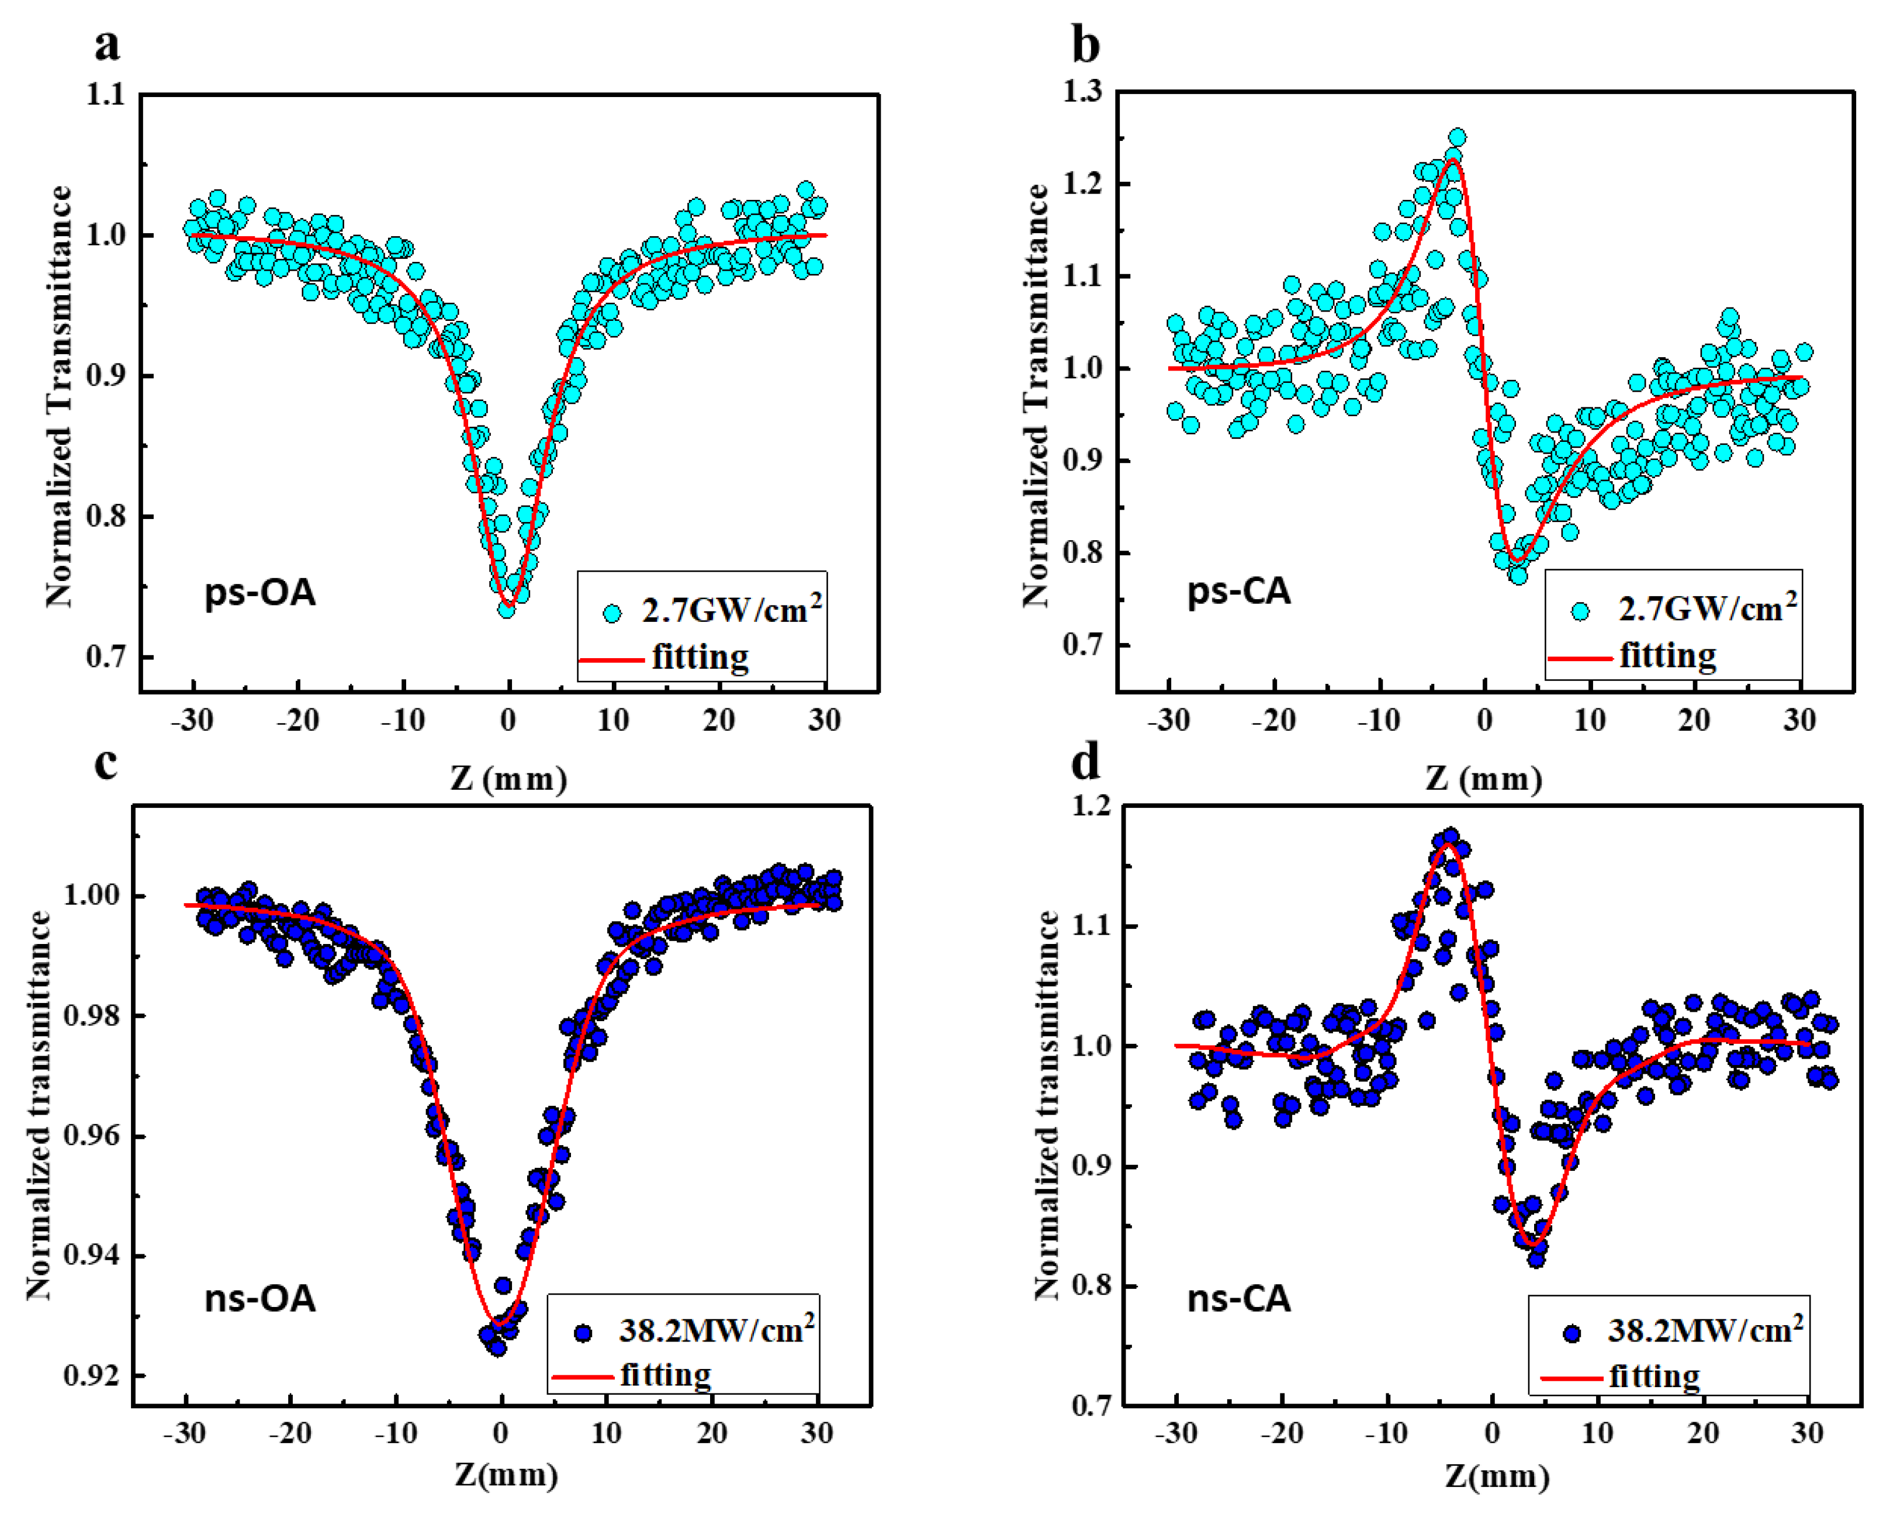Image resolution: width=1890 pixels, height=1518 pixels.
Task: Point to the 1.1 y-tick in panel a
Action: [105, 95]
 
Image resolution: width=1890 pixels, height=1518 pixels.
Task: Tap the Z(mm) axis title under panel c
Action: [506, 1474]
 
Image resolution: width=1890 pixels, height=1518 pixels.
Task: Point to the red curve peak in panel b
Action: [1453, 160]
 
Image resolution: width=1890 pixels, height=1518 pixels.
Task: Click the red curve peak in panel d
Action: [1447, 845]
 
